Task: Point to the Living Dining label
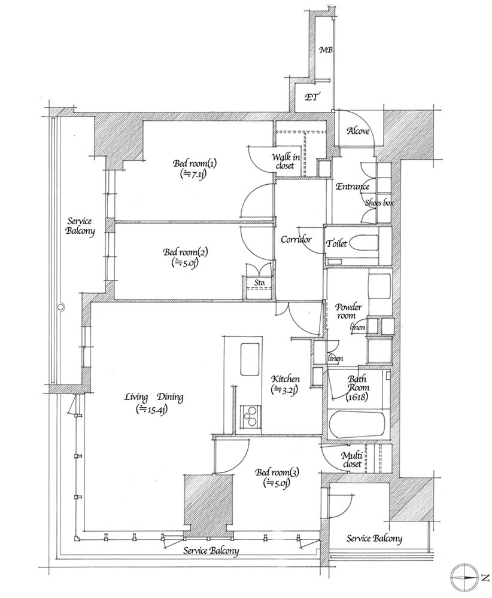[154, 397]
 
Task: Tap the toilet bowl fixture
[364, 243]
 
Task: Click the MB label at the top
[326, 50]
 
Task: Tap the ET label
[312, 97]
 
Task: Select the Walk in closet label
[286, 161]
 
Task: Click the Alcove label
[358, 131]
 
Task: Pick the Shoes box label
[379, 203]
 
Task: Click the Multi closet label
[352, 459]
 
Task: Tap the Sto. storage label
[260, 283]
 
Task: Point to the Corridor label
[296, 240]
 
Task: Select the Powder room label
[348, 311]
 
